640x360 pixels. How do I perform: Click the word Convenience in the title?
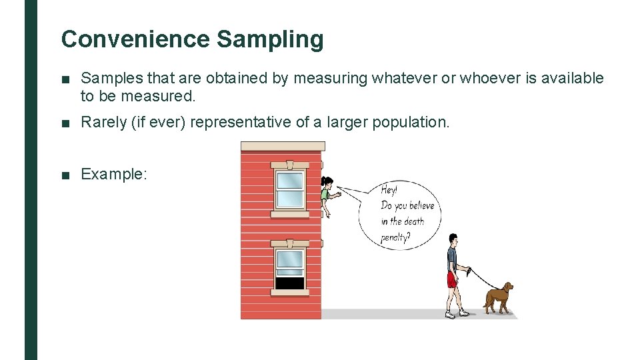click(135, 39)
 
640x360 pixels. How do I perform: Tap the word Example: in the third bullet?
click(113, 175)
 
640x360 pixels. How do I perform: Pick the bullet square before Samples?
click(65, 79)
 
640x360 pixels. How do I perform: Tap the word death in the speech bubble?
click(414, 221)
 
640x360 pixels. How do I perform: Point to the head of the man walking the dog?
click(453, 239)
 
